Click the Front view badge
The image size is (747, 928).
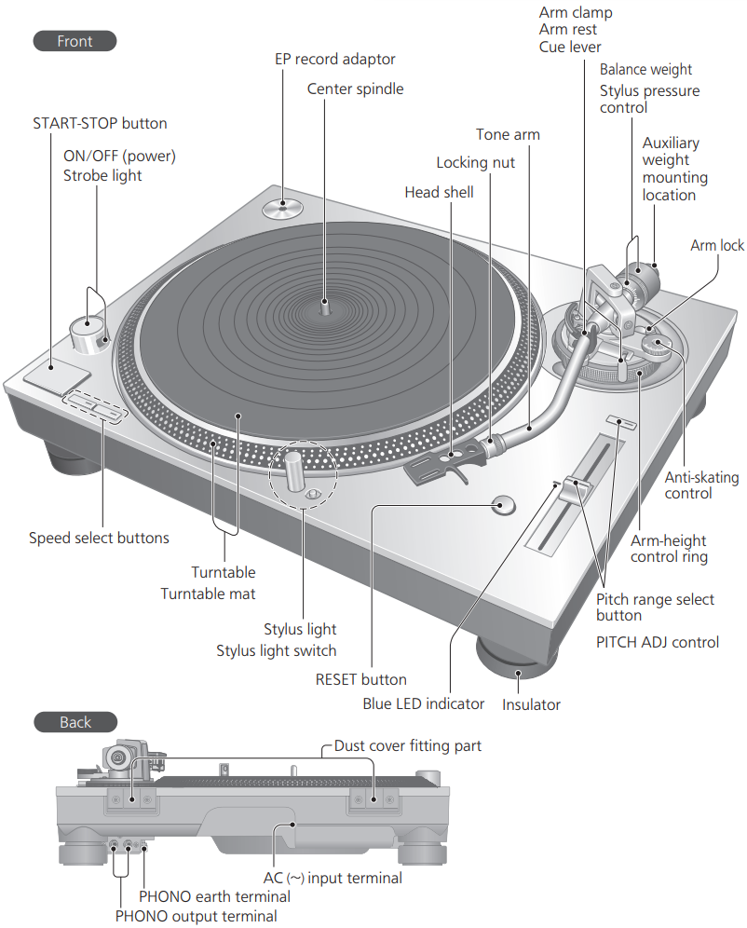[x=75, y=41]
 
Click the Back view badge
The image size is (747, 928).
[x=75, y=722]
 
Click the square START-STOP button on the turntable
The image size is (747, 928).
[x=58, y=375]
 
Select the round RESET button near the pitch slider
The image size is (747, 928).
[x=502, y=506]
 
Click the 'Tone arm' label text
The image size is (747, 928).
[x=508, y=135]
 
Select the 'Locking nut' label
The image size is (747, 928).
[x=475, y=163]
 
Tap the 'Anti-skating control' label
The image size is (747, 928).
[x=701, y=485]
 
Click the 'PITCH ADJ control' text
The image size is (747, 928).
[x=658, y=642]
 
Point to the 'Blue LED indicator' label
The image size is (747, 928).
[x=423, y=704]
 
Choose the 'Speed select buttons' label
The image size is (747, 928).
[x=99, y=538]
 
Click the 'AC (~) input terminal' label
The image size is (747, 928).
[x=333, y=878]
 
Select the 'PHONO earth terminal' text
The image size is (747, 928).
[x=214, y=896]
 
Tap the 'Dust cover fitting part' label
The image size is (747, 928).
[x=408, y=746]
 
